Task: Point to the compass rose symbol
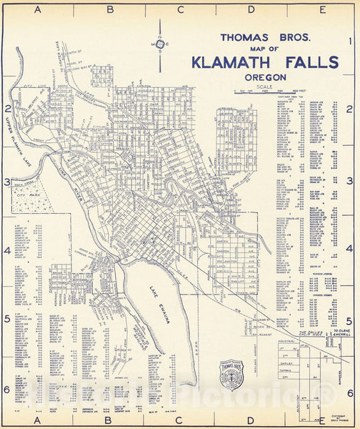(160, 44)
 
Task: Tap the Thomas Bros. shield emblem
(231, 374)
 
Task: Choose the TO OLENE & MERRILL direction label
(342, 334)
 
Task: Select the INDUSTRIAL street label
(286, 342)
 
